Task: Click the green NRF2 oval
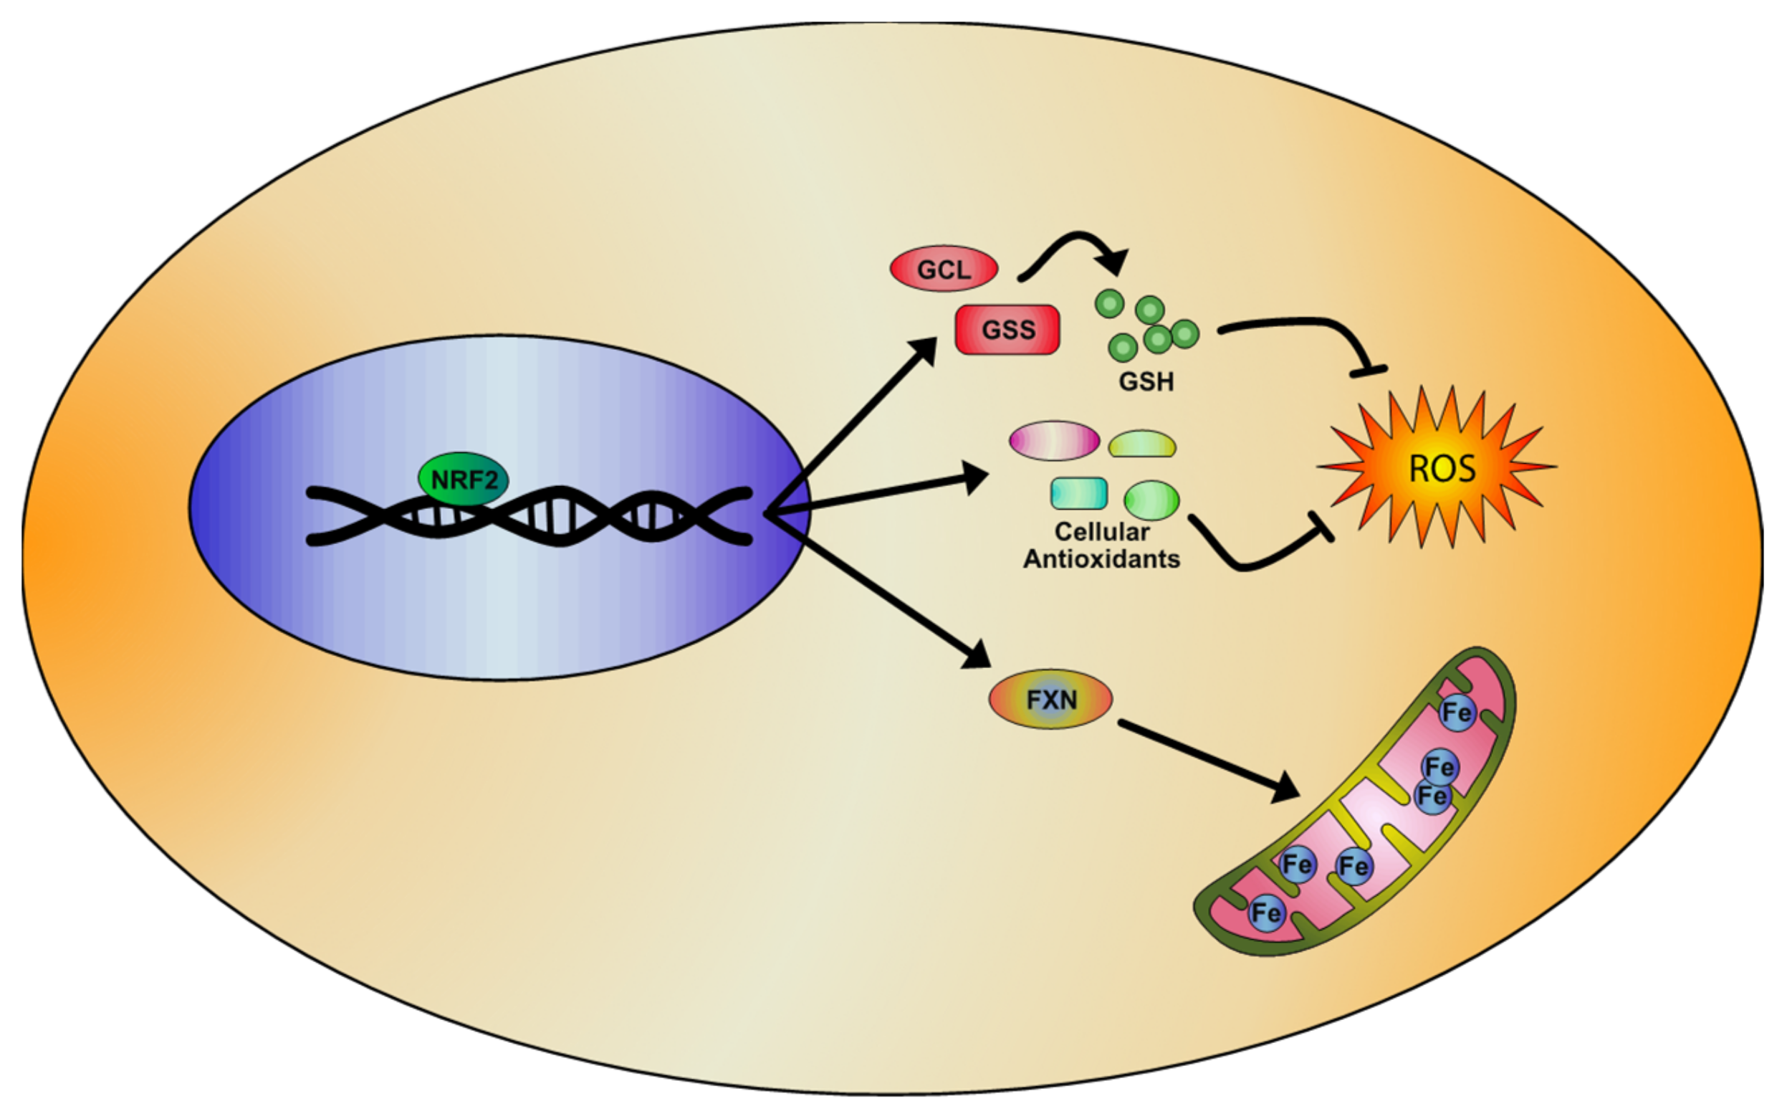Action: pos(463,480)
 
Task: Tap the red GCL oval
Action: pos(943,269)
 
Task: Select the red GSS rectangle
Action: pos(1007,329)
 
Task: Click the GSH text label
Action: pos(1146,381)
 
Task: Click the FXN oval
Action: pos(1050,699)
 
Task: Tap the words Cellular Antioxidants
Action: pos(1101,546)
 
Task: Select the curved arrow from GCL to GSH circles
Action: pos(1075,239)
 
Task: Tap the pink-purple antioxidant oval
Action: pos(1054,441)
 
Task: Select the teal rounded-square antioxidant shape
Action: pos(1078,494)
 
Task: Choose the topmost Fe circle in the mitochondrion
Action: pos(1457,713)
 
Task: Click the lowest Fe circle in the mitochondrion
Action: pos(1266,913)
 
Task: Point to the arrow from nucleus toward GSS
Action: pos(854,424)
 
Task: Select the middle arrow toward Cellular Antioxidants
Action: pos(876,494)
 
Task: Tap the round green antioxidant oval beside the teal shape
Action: pos(1151,500)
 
